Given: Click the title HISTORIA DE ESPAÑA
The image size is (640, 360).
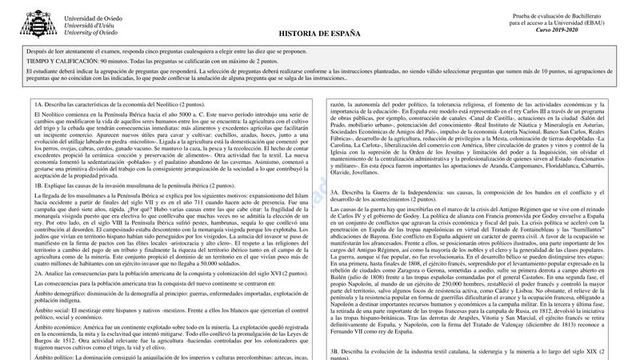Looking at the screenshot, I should (319, 34).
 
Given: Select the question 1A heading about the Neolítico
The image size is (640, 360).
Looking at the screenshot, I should (120, 105).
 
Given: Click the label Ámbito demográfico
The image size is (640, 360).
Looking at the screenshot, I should (60, 294).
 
